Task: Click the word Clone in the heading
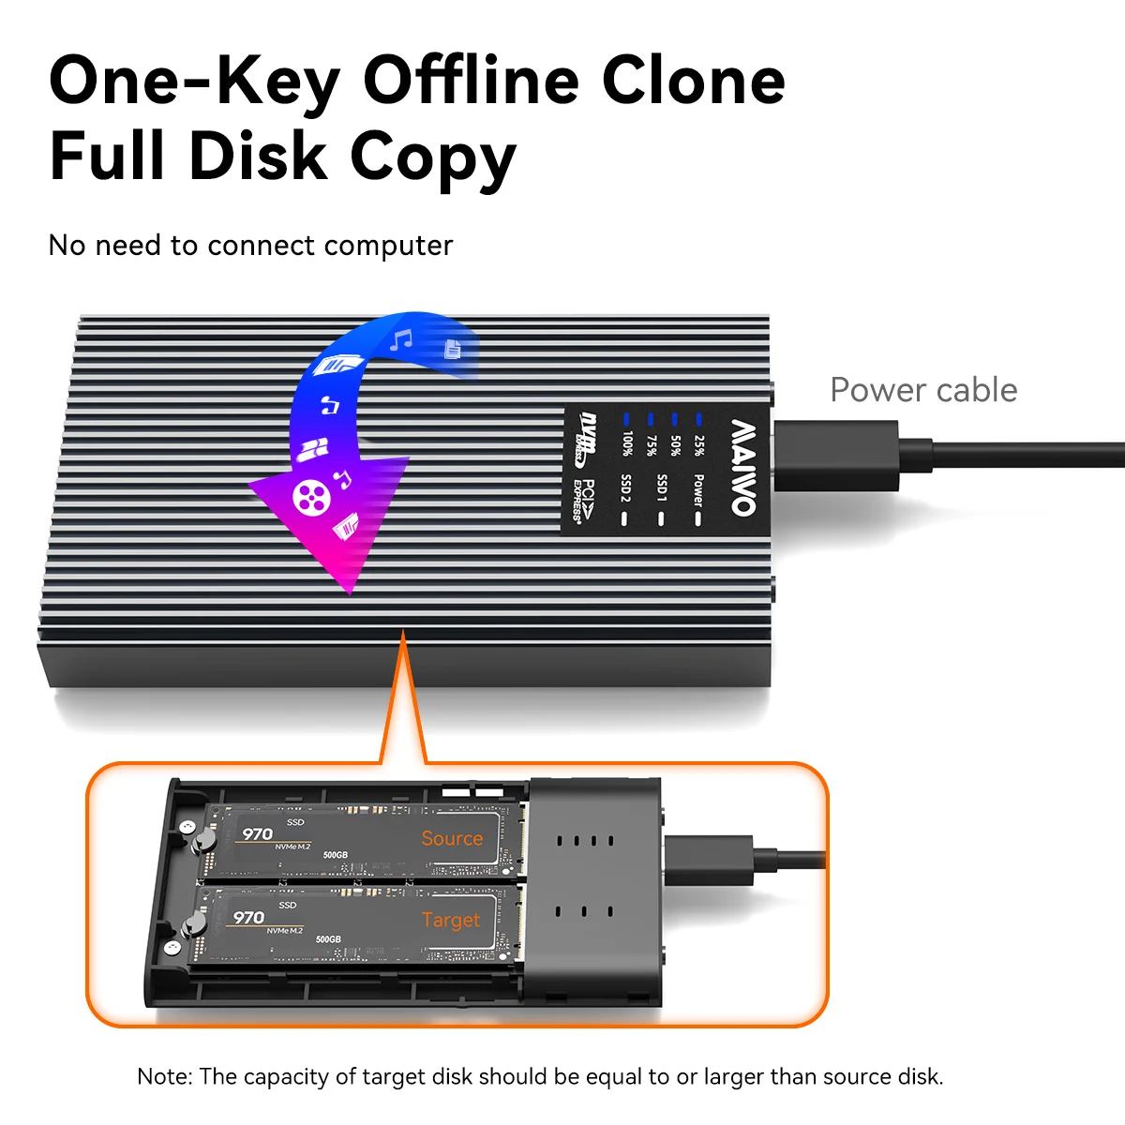click(694, 82)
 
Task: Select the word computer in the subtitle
click(388, 246)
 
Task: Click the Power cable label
click(923, 390)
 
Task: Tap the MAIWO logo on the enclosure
click(743, 468)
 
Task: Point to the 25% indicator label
click(698, 446)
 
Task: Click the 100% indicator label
click(626, 443)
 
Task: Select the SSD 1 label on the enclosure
click(662, 488)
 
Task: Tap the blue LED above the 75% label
click(651, 419)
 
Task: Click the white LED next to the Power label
click(697, 519)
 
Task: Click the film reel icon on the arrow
click(311, 498)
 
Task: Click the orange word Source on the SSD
click(452, 839)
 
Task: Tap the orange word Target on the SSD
click(451, 921)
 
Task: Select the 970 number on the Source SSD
click(258, 834)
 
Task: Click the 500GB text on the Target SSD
click(328, 939)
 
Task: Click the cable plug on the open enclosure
click(710, 861)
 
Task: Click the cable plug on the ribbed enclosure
click(836, 456)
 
